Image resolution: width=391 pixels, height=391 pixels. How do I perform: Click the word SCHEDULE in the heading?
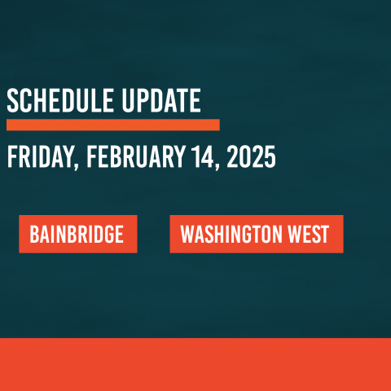60,100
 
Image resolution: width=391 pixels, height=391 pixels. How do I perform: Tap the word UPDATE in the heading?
161,100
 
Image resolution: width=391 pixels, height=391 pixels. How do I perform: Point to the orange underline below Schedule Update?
113,125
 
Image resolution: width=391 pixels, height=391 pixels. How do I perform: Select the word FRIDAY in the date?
41,157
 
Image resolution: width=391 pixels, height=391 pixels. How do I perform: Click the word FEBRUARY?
136,156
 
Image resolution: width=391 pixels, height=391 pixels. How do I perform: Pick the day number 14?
203,156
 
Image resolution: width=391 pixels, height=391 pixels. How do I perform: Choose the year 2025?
251,156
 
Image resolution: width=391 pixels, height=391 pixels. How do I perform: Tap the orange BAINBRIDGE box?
78,234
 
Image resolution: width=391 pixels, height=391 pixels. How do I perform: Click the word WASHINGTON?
231,234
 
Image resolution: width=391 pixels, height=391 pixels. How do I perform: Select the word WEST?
309,234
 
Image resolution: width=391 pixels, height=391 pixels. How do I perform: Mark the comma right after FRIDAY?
76,165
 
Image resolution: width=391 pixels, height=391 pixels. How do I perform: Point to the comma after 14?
217,165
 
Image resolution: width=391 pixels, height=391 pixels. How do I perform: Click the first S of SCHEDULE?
13,100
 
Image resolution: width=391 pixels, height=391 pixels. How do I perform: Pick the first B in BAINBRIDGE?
34,234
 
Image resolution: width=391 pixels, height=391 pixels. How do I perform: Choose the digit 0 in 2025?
245,156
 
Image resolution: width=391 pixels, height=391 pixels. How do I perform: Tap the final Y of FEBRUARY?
180,156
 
